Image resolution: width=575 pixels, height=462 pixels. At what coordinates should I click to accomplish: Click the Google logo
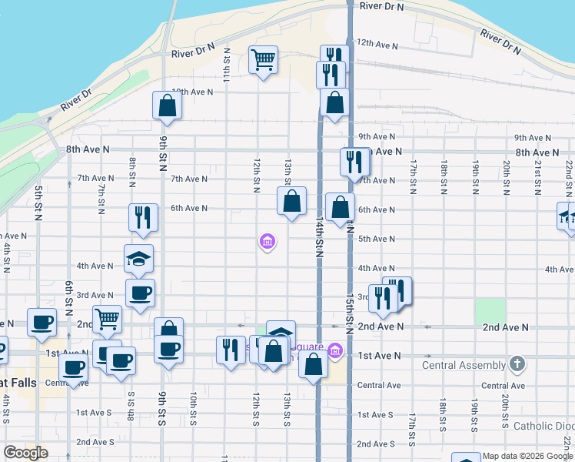(25, 453)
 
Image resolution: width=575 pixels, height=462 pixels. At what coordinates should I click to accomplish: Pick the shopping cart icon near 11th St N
(263, 59)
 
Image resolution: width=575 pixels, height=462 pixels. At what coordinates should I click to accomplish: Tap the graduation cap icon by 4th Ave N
(139, 258)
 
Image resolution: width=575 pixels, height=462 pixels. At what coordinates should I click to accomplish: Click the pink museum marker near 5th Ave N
(267, 243)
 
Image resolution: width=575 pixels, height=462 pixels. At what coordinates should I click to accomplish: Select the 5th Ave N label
(377, 239)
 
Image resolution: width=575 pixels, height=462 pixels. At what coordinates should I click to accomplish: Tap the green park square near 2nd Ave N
(490, 311)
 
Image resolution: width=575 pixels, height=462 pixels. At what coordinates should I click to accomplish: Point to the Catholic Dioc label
(543, 425)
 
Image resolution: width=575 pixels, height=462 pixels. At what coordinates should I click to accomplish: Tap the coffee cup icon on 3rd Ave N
(140, 293)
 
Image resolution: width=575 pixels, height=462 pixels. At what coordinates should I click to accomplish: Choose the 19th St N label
(476, 176)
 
